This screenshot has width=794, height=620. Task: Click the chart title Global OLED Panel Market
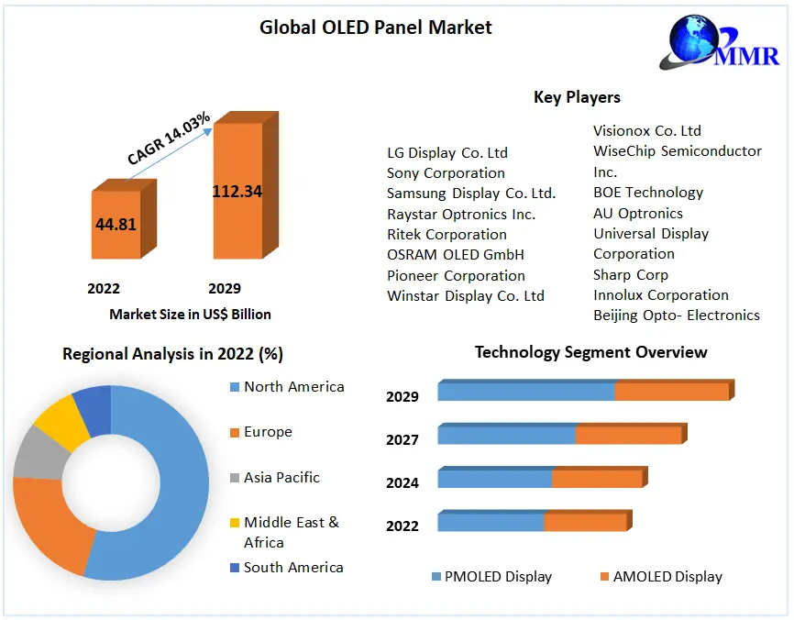point(376,28)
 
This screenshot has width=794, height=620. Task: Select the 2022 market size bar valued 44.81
point(116,224)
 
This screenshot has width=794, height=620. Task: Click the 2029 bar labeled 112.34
point(237,191)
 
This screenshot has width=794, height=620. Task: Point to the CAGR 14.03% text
point(169,138)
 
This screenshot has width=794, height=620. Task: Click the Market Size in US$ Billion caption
point(190,314)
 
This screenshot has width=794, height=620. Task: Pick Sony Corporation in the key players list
point(446,173)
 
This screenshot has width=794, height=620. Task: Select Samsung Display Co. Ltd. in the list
point(471,194)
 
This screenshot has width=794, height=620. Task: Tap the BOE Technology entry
point(648,193)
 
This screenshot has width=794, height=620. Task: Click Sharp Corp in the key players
point(631,274)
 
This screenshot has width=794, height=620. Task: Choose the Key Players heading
point(577,97)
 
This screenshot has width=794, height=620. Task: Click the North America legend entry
point(293,387)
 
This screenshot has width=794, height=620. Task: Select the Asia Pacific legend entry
point(281,477)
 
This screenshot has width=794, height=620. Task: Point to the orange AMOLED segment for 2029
point(672,392)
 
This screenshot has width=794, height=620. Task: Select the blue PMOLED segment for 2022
point(491,522)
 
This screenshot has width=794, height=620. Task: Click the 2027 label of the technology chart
point(403,439)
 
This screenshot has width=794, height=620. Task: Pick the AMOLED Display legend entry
point(667,577)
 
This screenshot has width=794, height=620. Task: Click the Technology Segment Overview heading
point(590,352)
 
